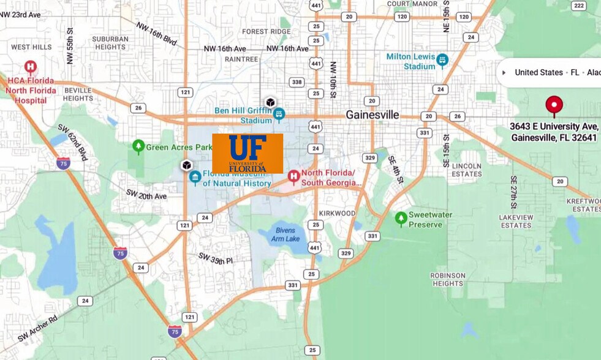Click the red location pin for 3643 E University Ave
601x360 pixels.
pos(554,105)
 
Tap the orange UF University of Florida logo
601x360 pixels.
pos(248,154)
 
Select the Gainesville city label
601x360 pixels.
pos(372,114)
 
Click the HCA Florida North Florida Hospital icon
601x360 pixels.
pos(30,67)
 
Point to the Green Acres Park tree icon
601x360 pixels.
pos(138,146)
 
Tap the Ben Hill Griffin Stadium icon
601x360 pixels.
pos(279,114)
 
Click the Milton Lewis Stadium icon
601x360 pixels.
pos(442,61)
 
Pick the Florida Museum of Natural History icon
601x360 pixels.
pos(195,178)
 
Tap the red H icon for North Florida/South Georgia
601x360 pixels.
pos(293,178)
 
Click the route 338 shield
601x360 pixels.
pos(297,82)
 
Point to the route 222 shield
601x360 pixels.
pos(578,6)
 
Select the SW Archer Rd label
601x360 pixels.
pos(37,329)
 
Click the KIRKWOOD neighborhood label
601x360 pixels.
pos(337,213)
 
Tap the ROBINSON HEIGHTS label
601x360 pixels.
pos(447,280)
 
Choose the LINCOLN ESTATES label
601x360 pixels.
pos(466,170)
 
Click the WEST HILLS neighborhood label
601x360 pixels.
pos(31,47)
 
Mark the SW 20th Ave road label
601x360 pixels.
pos(146,195)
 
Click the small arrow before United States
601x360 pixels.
pos(504,72)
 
